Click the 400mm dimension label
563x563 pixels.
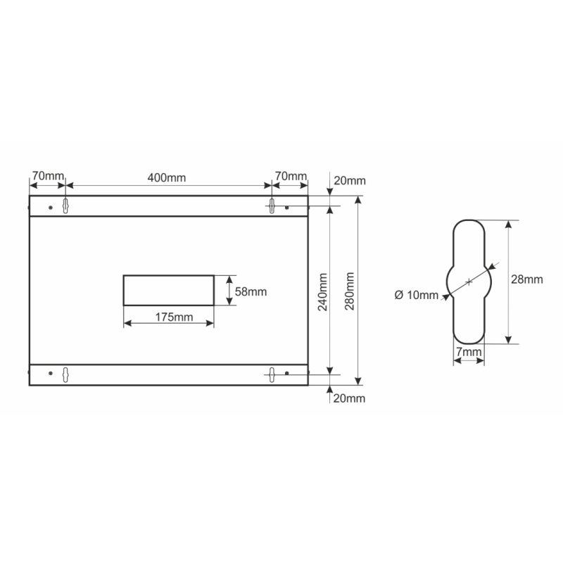(167, 178)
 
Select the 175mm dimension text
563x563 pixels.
(174, 317)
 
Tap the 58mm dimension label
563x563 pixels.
(251, 291)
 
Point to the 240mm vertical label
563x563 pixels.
(323, 291)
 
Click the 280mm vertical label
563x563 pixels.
(349, 291)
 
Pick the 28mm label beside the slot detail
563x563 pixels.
(526, 279)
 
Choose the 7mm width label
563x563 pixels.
(469, 352)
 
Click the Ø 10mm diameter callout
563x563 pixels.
(417, 295)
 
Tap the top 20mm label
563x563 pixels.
(350, 181)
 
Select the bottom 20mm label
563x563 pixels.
(349, 398)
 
